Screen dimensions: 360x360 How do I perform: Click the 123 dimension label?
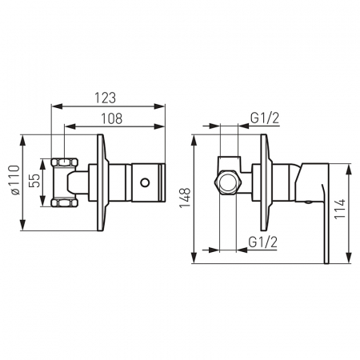click(x=106, y=98)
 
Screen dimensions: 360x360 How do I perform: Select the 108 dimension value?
click(x=112, y=118)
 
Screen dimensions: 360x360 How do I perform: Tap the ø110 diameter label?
click(x=14, y=180)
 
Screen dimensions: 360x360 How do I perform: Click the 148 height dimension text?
click(x=185, y=198)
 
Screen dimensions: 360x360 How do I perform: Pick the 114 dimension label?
click(x=340, y=209)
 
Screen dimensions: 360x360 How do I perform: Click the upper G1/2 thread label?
click(x=265, y=118)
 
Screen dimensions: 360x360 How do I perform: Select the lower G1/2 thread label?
click(x=263, y=242)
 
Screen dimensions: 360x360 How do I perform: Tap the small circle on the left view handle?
click(x=145, y=182)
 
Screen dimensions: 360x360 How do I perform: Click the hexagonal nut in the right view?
click(x=228, y=183)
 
